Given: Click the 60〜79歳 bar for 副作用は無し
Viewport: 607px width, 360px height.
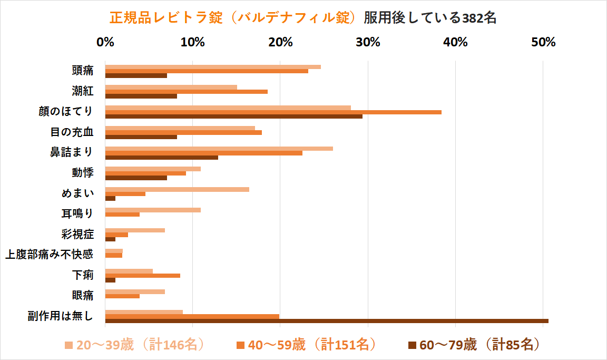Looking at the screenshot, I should click(327, 320).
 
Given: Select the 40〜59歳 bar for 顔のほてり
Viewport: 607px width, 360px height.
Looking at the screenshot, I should click(273, 112).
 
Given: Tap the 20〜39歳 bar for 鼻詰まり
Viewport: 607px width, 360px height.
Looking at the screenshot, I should click(219, 148).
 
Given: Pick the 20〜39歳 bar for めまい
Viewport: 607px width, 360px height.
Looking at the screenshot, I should click(177, 189).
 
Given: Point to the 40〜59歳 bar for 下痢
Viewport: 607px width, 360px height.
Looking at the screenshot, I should click(143, 275).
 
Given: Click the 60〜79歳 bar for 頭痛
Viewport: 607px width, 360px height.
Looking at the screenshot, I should click(136, 75).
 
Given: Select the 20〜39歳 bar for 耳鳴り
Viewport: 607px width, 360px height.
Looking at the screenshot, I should click(153, 210).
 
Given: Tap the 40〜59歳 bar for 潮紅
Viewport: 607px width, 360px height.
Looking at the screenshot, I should click(187, 91).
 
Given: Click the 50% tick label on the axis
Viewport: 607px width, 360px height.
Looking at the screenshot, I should click(543, 43).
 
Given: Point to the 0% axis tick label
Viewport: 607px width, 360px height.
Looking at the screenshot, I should click(105, 43).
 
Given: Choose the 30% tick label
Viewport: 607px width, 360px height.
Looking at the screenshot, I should click(368, 43).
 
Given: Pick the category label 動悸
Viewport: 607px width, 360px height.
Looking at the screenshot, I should click(83, 172).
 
